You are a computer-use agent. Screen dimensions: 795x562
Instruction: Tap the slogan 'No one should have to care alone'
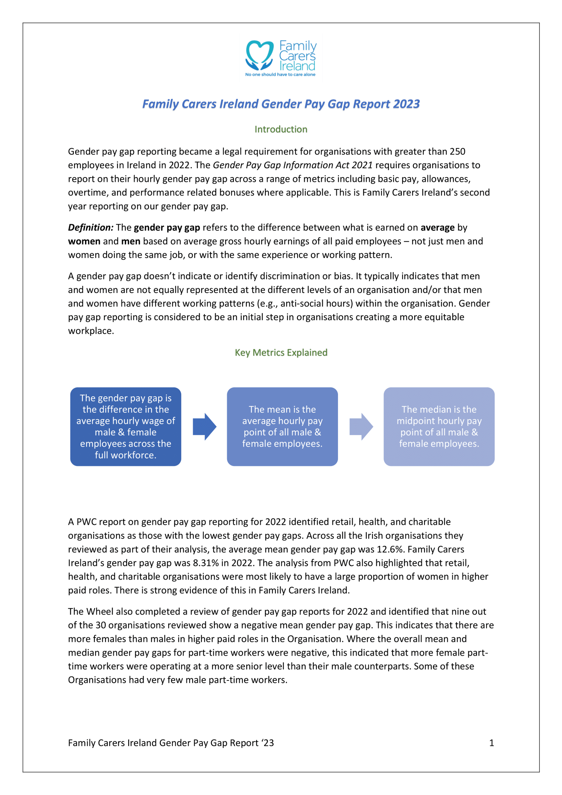click(280, 74)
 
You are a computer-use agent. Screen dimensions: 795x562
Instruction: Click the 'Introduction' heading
click(281, 129)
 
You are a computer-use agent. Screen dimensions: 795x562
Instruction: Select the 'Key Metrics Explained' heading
click(281, 352)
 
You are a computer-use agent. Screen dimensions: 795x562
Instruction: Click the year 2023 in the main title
click(406, 104)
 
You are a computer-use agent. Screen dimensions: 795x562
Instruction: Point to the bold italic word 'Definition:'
click(91, 228)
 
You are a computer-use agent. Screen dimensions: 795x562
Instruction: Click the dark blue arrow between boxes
click(204, 426)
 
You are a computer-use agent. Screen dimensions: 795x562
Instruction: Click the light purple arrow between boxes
click(361, 426)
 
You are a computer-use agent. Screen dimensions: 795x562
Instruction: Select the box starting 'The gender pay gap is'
click(125, 426)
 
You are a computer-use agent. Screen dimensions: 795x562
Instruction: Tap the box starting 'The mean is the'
click(282, 426)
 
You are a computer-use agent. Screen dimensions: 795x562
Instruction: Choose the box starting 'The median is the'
click(439, 426)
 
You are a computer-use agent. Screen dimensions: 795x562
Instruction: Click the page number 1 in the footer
click(491, 743)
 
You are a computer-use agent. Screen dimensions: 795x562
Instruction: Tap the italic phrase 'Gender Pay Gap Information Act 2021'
click(293, 165)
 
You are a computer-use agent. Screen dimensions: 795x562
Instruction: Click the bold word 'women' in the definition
click(84, 241)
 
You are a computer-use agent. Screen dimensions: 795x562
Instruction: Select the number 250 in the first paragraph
click(457, 151)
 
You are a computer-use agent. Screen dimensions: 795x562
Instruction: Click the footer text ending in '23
click(171, 743)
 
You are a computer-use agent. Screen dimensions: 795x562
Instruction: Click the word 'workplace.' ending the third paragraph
click(91, 331)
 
